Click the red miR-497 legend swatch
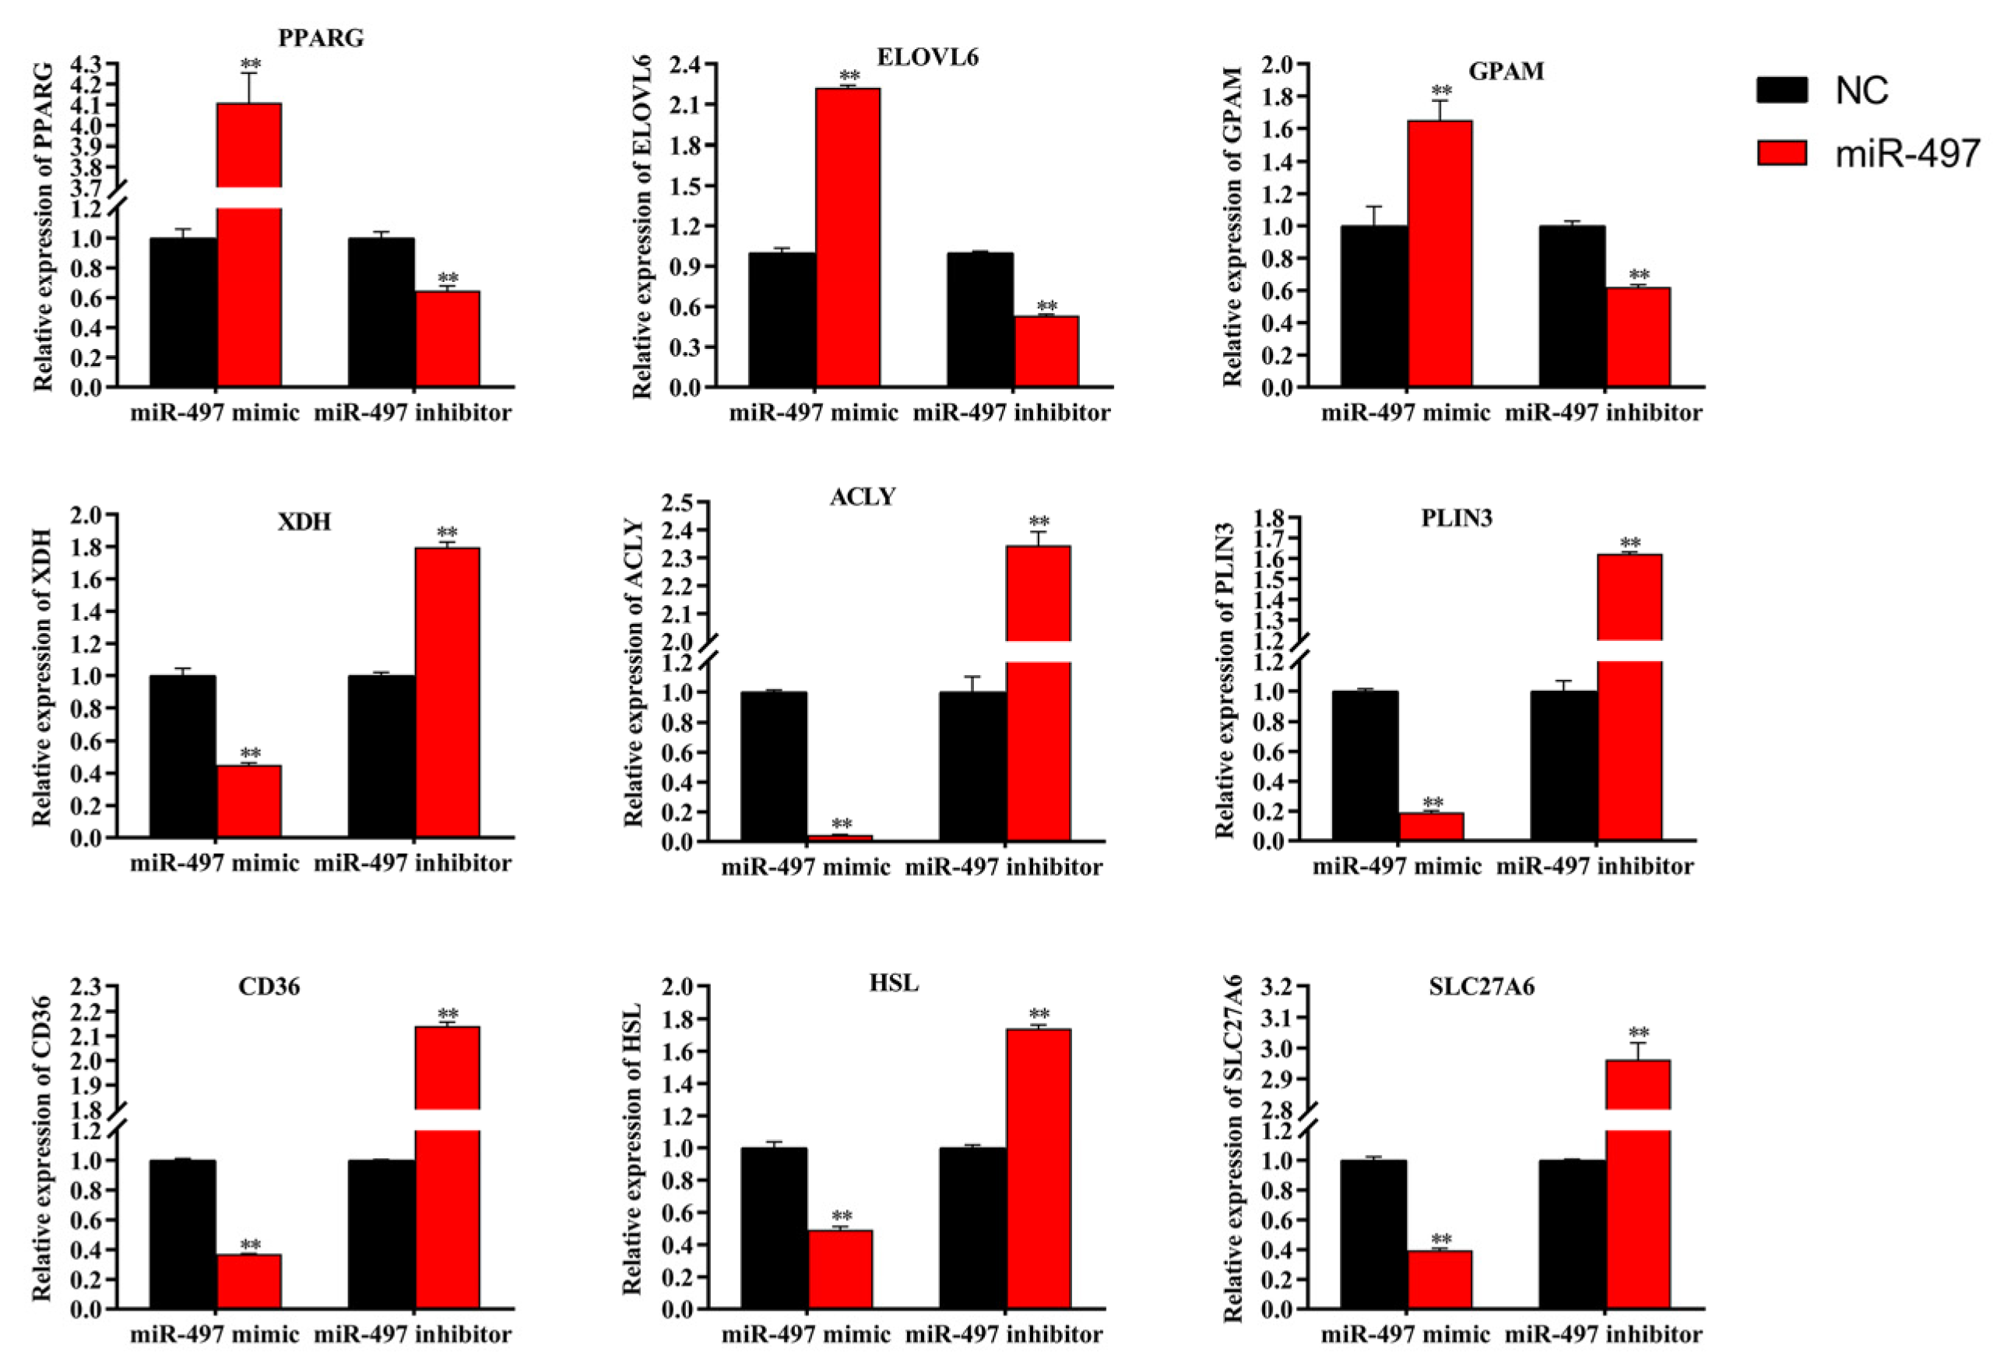1781,153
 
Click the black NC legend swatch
1781,90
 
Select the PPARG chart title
321,38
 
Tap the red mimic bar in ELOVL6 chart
847,237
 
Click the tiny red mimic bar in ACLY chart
839,837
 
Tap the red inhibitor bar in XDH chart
447,692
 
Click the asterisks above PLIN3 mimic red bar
1433,803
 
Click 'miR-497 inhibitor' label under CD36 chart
413,1334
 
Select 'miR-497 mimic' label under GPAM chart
1405,413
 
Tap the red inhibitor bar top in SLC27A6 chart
1638,1061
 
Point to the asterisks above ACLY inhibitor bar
1039,522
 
